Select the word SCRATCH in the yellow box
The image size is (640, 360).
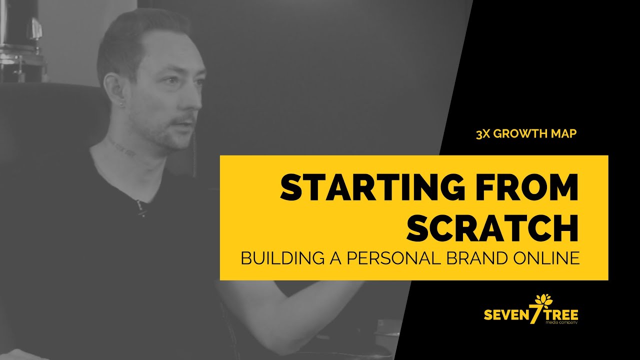[x=492, y=228]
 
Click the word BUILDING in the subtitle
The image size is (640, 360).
[x=283, y=258]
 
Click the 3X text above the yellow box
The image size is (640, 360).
[x=483, y=133]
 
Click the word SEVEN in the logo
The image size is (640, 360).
[x=505, y=315]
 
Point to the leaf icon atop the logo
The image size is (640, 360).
[x=543, y=300]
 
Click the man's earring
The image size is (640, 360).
[x=121, y=103]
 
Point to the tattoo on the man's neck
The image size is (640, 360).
[x=122, y=148]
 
